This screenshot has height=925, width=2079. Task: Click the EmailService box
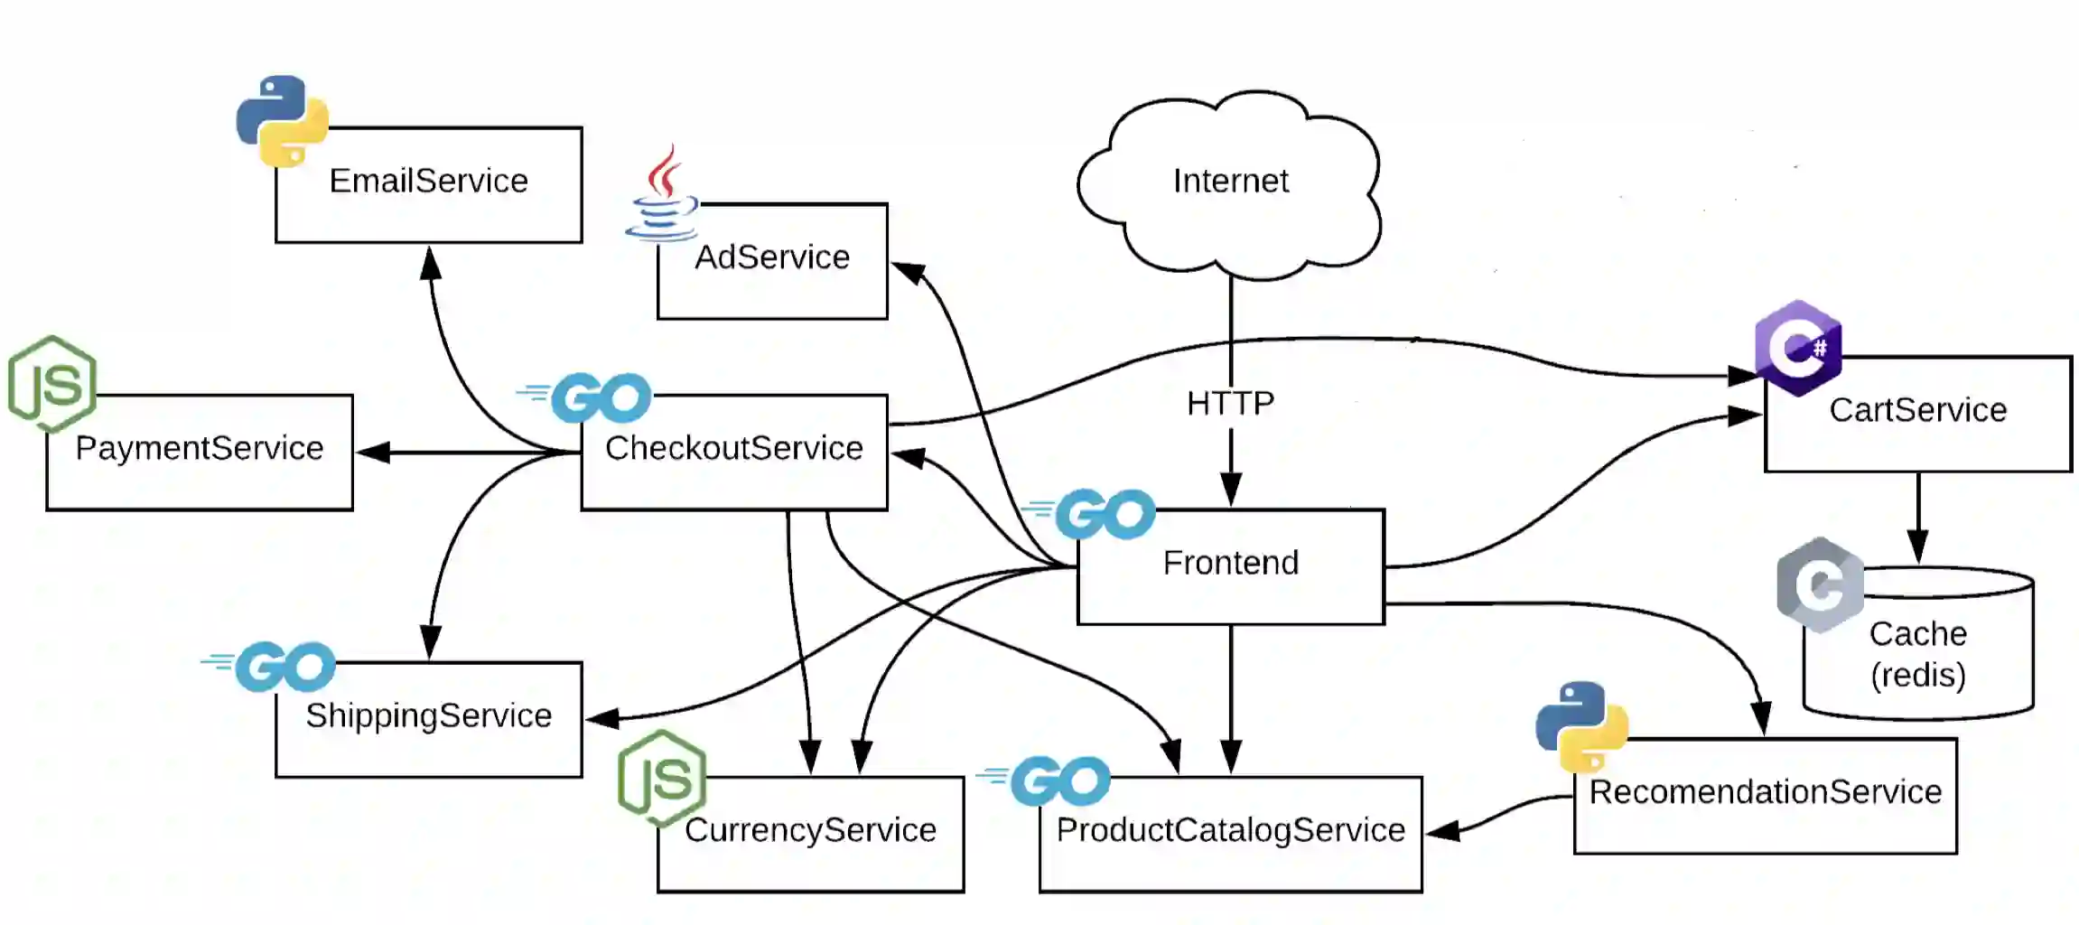click(x=428, y=185)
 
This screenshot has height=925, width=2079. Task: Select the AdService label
click(x=772, y=257)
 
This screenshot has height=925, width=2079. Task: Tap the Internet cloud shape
click(x=1230, y=182)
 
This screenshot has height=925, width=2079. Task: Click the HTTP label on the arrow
click(x=1230, y=403)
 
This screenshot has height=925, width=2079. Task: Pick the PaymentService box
click(x=199, y=452)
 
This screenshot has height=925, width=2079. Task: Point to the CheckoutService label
click(x=733, y=448)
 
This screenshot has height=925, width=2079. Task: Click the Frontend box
click(x=1230, y=566)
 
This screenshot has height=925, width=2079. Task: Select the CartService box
click(x=1917, y=414)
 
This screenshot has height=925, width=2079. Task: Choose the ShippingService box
click(x=428, y=719)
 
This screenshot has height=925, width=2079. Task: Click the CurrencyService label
click(x=810, y=830)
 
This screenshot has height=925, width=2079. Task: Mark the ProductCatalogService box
click(x=1230, y=834)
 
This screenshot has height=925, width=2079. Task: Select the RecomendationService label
click(x=1765, y=792)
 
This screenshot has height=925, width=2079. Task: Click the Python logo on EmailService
click(x=282, y=121)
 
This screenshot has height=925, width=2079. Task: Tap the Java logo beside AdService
click(x=663, y=194)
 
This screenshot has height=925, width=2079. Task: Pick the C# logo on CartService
click(x=1798, y=348)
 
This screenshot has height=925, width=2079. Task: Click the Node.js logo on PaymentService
click(x=52, y=383)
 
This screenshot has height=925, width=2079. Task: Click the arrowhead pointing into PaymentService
click(x=373, y=453)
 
